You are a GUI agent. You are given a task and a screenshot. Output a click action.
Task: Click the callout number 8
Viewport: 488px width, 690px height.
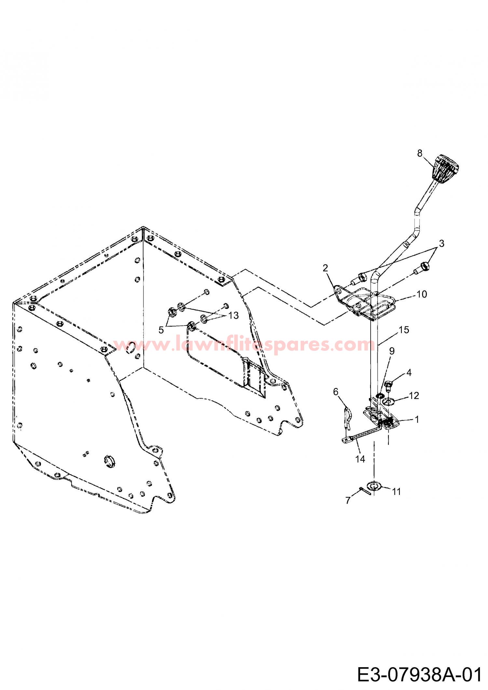[420, 153]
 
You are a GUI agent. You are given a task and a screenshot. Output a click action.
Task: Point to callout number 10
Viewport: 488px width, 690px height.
[422, 294]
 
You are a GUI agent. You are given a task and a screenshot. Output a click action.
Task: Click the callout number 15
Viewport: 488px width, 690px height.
[404, 330]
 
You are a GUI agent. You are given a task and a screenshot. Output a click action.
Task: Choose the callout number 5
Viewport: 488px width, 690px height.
[161, 330]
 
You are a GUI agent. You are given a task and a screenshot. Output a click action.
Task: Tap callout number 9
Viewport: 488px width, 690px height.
[392, 351]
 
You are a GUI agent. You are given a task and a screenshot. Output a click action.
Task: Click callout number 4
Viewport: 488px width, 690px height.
[409, 373]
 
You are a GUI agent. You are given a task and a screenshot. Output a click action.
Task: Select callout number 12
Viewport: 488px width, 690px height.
[414, 395]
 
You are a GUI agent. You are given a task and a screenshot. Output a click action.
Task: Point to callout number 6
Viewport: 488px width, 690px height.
[336, 392]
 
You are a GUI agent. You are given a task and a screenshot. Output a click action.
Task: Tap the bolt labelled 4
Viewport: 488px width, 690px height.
[388, 386]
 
